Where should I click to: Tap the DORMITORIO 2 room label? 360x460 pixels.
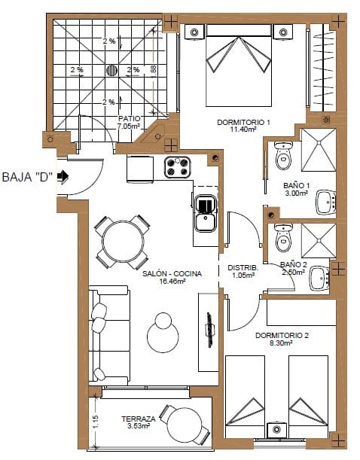[x=282, y=335]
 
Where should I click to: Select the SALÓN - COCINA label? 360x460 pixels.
[x=172, y=274]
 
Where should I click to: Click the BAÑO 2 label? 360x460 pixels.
[x=293, y=265]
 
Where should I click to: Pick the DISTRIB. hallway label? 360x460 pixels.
[x=243, y=267]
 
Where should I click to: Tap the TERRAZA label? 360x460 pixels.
[x=138, y=419]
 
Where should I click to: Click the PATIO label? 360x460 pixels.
[x=129, y=119]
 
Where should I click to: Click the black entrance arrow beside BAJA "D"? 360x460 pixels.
[x=63, y=177]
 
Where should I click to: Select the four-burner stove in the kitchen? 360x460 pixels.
[x=179, y=167]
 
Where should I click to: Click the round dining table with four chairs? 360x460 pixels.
[x=124, y=242]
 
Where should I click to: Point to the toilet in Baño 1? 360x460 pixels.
[x=284, y=156]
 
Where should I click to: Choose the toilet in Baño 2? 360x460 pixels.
[x=283, y=239]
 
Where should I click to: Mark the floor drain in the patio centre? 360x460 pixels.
[x=112, y=71]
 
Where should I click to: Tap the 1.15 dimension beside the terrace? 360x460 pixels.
[x=96, y=422]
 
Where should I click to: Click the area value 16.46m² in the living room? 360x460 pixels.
[x=172, y=282]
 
